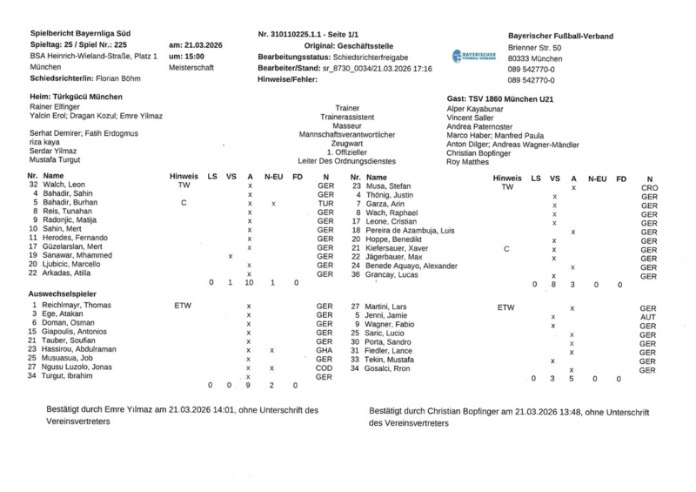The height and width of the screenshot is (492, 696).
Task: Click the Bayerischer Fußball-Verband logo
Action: point(474,56)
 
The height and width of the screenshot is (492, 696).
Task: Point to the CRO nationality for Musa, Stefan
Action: point(649,187)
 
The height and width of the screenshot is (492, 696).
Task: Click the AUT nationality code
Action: point(648,317)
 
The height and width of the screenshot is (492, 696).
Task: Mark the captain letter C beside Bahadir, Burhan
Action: point(184,203)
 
